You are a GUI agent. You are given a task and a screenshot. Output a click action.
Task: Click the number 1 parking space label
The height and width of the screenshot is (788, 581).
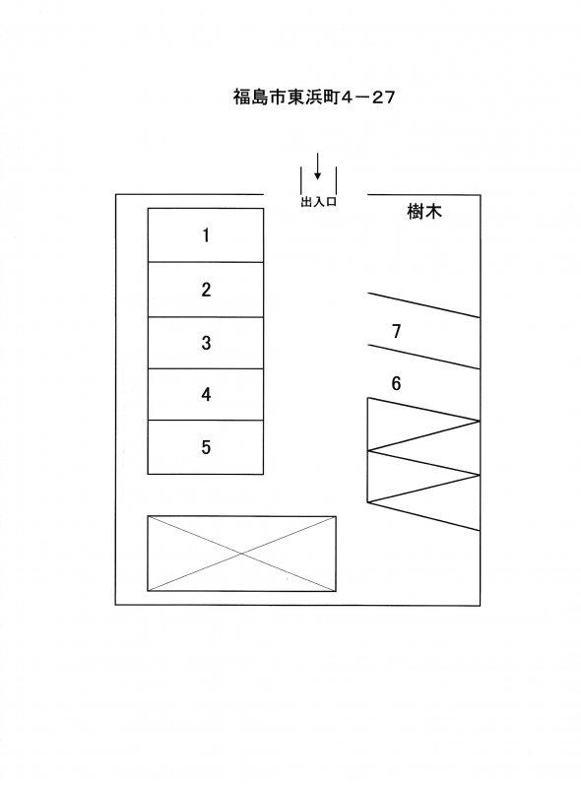(x=206, y=235)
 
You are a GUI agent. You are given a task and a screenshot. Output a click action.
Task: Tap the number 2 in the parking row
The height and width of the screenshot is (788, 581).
(x=206, y=290)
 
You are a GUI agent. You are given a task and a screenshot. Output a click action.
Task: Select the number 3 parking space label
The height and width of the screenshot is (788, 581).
(x=206, y=343)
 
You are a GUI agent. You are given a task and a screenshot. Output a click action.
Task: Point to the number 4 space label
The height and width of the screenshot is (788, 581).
(x=206, y=395)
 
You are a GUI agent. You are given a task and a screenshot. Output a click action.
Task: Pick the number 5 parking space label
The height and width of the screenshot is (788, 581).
(x=206, y=447)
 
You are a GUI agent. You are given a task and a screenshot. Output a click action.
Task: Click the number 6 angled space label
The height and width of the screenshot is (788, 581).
(x=396, y=383)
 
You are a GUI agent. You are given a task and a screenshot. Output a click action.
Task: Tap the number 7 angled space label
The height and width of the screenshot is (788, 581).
(x=396, y=331)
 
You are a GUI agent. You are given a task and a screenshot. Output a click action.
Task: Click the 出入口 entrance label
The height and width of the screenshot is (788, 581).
(x=318, y=202)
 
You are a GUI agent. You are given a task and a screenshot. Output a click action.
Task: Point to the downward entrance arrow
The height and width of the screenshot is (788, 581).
(x=317, y=166)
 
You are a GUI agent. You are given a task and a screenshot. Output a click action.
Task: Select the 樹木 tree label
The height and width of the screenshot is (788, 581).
(x=424, y=212)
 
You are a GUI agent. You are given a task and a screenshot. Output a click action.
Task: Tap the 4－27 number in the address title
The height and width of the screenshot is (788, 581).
(x=368, y=97)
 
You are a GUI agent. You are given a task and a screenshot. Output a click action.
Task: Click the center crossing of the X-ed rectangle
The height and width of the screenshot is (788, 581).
(x=241, y=554)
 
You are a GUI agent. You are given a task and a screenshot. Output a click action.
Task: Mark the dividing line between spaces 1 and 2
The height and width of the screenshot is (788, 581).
(x=206, y=262)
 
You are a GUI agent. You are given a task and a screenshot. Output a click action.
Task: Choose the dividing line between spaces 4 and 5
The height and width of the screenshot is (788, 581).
(x=206, y=421)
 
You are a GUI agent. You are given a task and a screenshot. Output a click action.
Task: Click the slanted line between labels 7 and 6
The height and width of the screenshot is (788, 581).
(x=424, y=357)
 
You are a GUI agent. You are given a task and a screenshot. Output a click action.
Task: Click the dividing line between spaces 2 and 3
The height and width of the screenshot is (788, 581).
(x=206, y=317)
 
